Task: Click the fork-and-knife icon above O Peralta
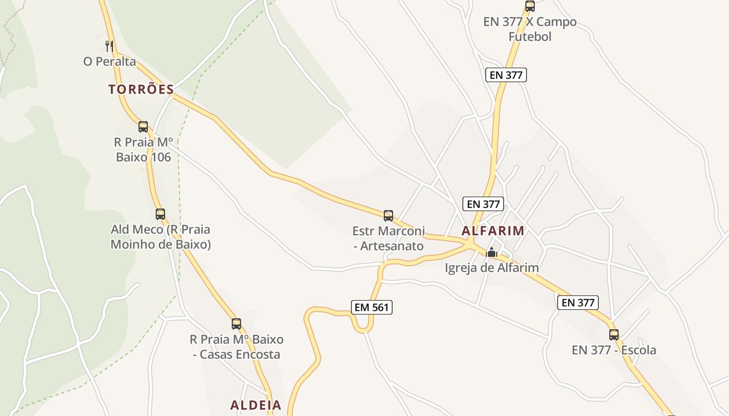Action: tap(109, 46)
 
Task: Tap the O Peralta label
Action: tap(109, 61)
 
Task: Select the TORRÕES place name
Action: tap(141, 89)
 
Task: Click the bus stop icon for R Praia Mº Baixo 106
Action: tap(143, 126)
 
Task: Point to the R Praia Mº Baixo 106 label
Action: tap(143, 149)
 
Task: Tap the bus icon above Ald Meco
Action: tap(160, 214)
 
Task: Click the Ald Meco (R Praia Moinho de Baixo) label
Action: tap(160, 237)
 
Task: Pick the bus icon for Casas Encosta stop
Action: tap(236, 324)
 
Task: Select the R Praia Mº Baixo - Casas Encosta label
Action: tap(236, 347)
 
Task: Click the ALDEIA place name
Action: tap(256, 405)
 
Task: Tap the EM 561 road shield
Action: tap(371, 307)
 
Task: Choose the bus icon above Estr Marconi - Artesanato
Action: tap(388, 215)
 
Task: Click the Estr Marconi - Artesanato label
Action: tap(388, 238)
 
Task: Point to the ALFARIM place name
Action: tap(493, 231)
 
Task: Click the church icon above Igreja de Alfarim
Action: tap(492, 253)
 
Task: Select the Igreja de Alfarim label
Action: tap(492, 268)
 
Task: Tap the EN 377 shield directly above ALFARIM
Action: tap(484, 204)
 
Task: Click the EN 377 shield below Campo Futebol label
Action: tap(506, 75)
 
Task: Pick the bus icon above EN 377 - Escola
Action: tap(614, 334)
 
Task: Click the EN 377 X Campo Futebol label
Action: tap(530, 29)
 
